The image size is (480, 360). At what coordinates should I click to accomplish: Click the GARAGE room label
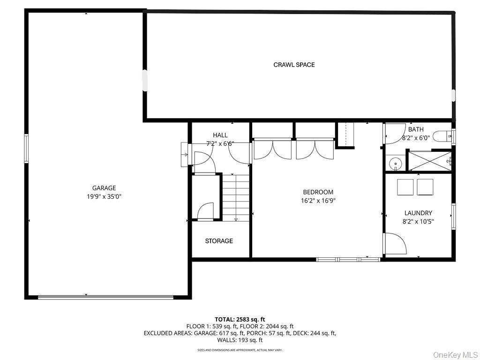(104, 188)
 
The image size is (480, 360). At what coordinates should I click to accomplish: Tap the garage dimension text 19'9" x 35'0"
(104, 196)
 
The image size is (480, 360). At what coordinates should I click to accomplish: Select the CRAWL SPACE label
(294, 65)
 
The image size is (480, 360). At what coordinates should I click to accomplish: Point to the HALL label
(220, 135)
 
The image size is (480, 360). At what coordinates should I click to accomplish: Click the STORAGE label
(219, 241)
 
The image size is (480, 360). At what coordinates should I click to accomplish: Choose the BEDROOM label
(318, 192)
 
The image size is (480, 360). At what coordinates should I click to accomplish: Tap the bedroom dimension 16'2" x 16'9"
(318, 200)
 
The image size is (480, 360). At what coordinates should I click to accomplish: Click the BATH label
(416, 129)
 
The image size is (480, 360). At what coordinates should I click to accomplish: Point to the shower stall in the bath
(430, 161)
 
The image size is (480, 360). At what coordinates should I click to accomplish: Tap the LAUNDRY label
(418, 213)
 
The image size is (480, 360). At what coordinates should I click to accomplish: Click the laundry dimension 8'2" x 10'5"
(418, 221)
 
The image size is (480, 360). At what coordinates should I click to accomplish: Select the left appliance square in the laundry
(405, 187)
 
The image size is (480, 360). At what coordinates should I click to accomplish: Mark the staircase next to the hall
(236, 197)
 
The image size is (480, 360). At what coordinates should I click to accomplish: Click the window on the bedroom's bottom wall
(348, 259)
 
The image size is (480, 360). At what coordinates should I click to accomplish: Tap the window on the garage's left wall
(26, 148)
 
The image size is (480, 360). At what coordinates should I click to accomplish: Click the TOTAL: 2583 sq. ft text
(240, 319)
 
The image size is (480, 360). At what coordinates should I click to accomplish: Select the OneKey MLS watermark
(453, 354)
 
